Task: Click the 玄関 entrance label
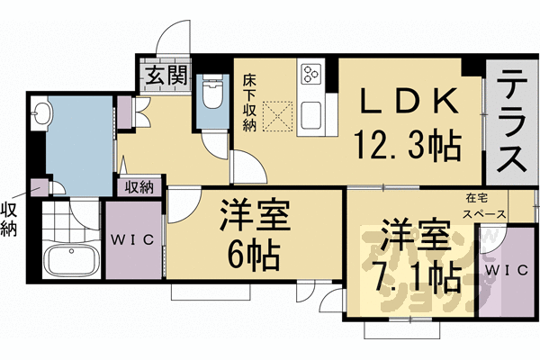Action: click(163, 76)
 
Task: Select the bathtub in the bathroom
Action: click(69, 263)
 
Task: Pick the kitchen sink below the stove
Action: click(314, 115)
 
